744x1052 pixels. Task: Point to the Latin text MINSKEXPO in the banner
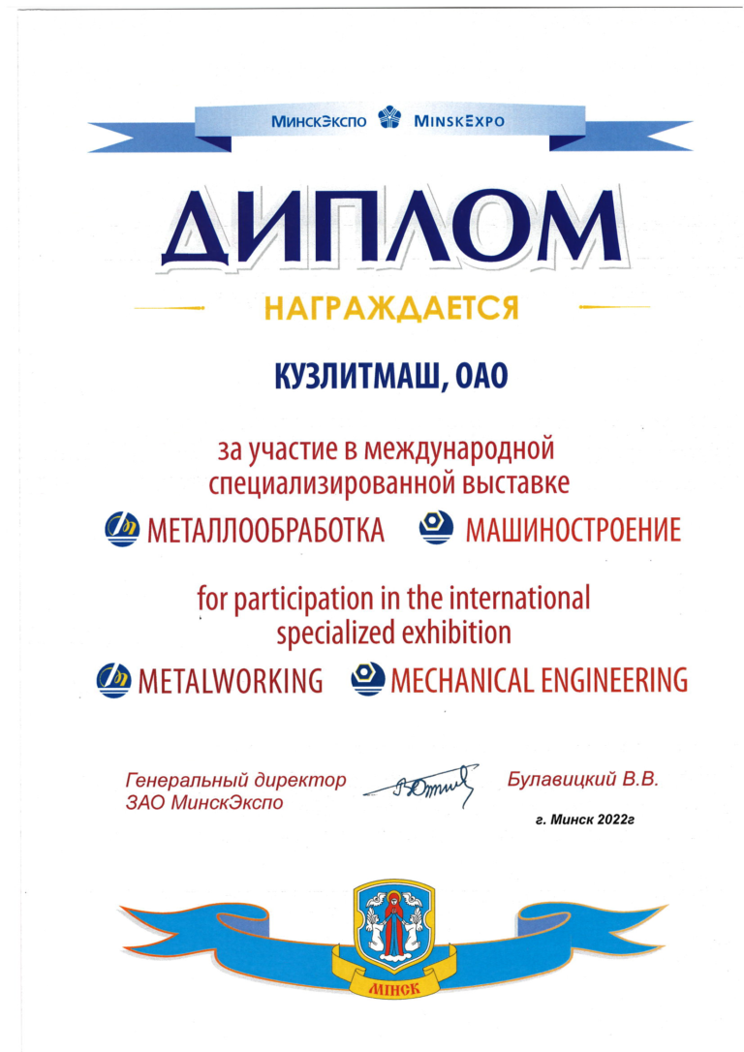click(458, 123)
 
